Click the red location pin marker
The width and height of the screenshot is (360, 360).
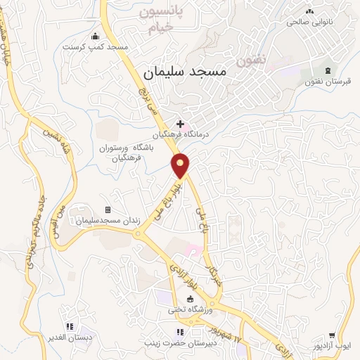click(x=181, y=165)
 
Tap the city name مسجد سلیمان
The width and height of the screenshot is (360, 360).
click(x=184, y=72)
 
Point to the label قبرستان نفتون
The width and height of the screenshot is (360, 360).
click(x=328, y=82)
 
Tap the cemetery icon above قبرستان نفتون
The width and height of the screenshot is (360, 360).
click(x=328, y=70)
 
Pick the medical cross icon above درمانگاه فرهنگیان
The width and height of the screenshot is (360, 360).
click(x=180, y=124)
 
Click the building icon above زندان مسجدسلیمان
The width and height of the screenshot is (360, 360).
click(x=108, y=210)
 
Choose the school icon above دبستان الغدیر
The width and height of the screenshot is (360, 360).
click(x=70, y=326)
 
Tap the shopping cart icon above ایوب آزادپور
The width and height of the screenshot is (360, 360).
click(x=342, y=335)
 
